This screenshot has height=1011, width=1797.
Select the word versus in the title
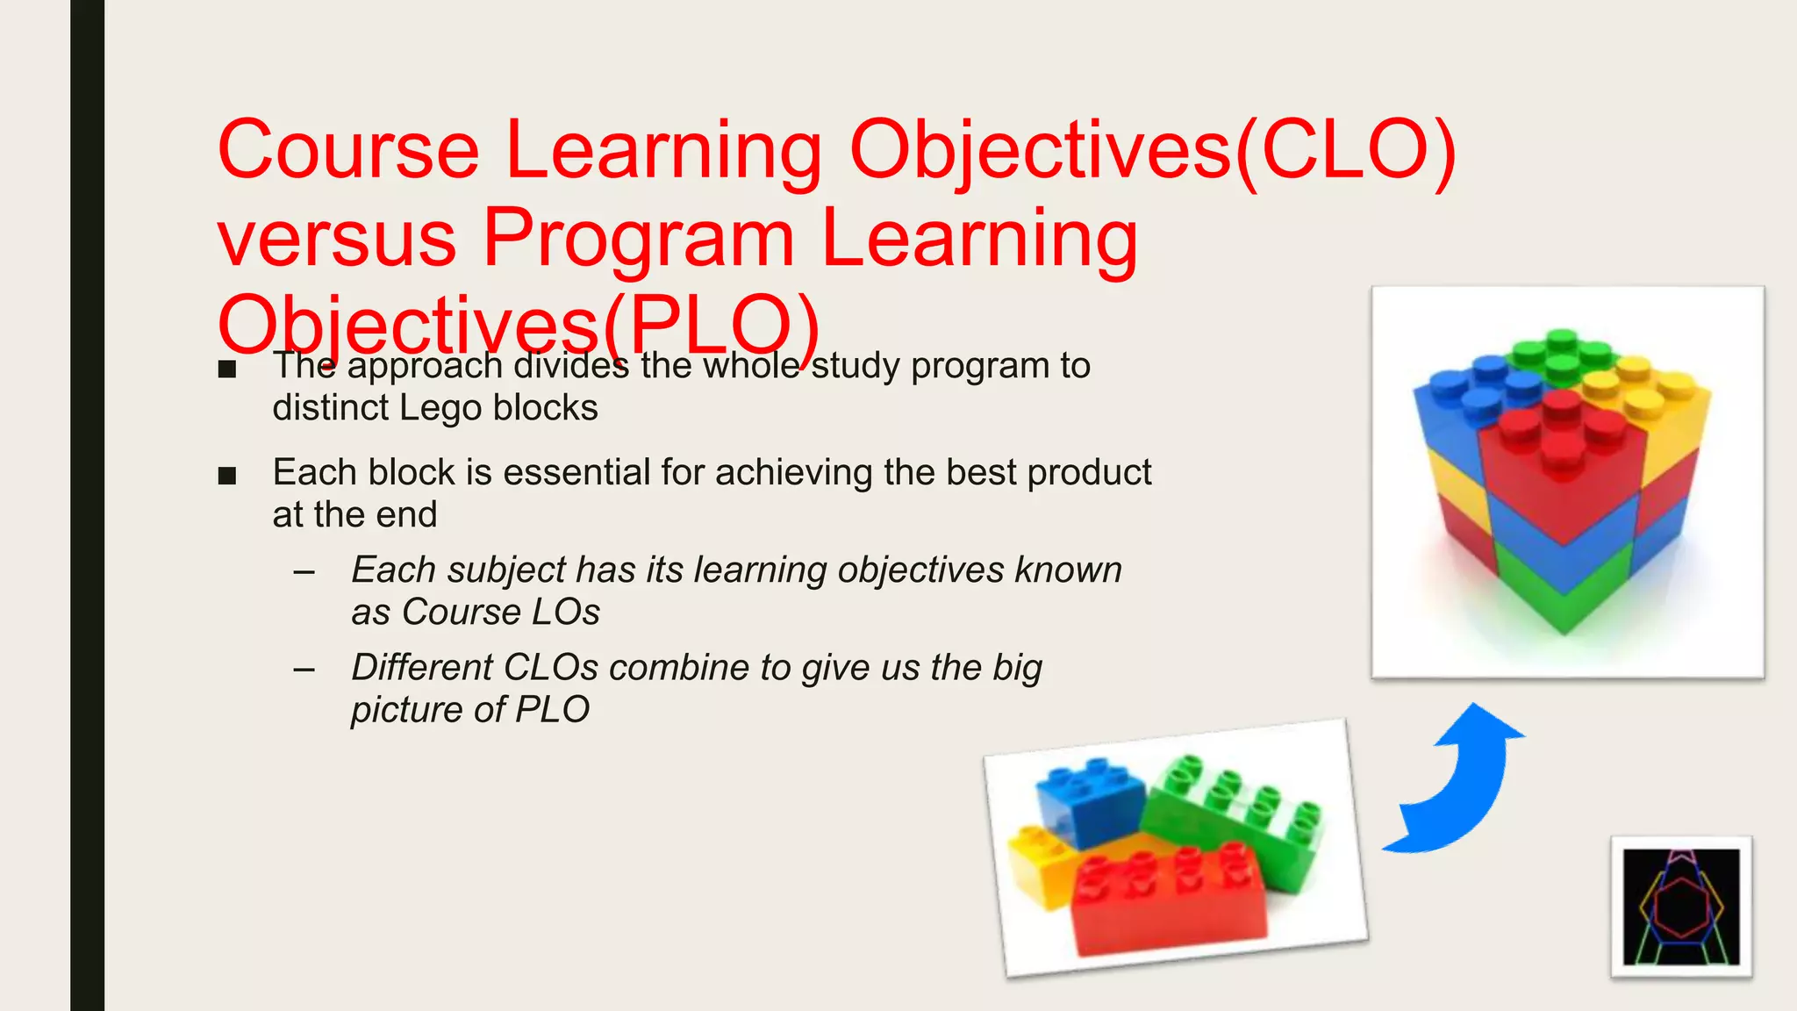[x=337, y=240]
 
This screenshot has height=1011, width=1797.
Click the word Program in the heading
[x=639, y=240]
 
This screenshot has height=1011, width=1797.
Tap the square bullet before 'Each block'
[x=227, y=476]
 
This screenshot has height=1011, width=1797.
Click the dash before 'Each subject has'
[x=304, y=573]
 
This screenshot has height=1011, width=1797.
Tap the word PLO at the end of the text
[x=553, y=710]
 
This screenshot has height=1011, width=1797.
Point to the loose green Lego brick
[x=1237, y=816]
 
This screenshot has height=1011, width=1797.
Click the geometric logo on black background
[x=1681, y=907]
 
